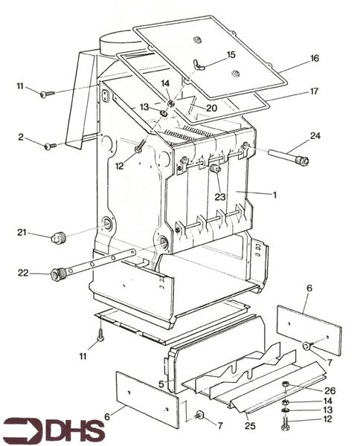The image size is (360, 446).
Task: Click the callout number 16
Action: click(x=315, y=58)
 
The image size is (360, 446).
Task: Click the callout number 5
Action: click(x=161, y=384)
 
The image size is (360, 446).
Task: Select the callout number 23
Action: click(x=220, y=197)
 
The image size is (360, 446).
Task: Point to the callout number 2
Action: click(x=22, y=138)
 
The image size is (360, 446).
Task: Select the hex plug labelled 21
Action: click(x=57, y=239)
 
